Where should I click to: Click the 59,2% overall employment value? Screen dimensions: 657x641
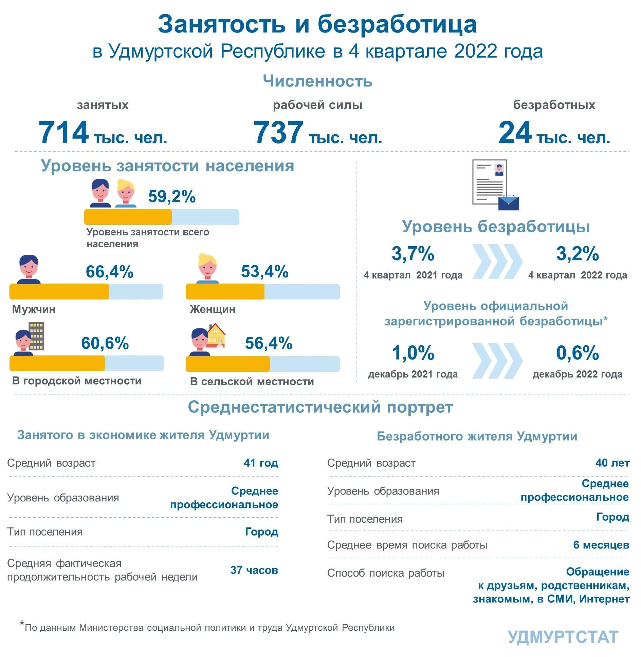(172, 196)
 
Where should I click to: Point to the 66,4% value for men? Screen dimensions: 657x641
(109, 271)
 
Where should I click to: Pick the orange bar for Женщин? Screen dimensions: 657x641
(225, 292)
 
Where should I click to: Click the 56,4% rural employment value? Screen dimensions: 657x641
(269, 343)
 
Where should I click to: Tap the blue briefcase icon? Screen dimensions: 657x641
(508, 202)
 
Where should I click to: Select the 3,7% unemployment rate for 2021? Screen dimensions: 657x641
(413, 253)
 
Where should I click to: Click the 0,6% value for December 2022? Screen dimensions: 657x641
(577, 353)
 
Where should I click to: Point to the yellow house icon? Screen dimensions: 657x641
(216, 335)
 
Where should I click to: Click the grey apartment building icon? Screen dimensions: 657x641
(36, 336)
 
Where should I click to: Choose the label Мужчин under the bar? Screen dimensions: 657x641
(34, 309)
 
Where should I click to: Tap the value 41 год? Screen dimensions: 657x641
(261, 463)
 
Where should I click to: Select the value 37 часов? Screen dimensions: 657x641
(254, 570)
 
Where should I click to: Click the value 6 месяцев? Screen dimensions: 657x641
(601, 545)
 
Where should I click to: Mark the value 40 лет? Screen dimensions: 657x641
(612, 463)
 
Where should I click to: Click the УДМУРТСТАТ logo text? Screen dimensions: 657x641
(563, 637)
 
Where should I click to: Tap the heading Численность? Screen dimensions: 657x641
(317, 81)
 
